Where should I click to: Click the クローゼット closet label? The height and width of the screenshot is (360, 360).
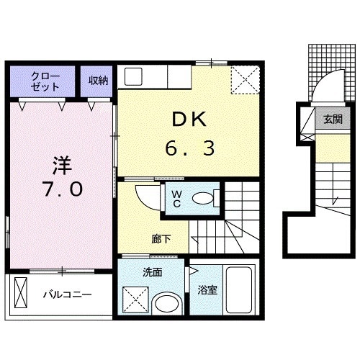45,81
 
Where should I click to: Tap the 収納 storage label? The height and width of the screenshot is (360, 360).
99,81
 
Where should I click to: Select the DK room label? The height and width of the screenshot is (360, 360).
189,120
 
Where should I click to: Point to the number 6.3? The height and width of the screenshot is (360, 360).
189,148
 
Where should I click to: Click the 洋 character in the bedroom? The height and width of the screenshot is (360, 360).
63,166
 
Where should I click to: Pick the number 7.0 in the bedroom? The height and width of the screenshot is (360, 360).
63,189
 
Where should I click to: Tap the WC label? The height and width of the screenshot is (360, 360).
176,199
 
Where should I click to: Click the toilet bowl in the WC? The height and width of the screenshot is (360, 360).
203,199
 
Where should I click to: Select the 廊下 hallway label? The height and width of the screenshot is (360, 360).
161,239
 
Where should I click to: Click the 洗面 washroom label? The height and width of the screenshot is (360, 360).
153,272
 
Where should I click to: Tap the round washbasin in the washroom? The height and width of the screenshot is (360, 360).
167,304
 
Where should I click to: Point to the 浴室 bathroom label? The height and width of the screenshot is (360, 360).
207,290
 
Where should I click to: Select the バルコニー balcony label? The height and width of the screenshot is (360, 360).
68,294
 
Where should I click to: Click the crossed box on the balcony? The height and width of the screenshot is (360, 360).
21,292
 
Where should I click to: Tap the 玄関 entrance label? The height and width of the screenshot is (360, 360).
333,120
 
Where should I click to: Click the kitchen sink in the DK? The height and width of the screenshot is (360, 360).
133,77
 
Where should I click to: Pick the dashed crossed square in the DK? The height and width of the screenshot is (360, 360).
246,80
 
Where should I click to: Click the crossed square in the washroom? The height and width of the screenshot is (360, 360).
135,300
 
